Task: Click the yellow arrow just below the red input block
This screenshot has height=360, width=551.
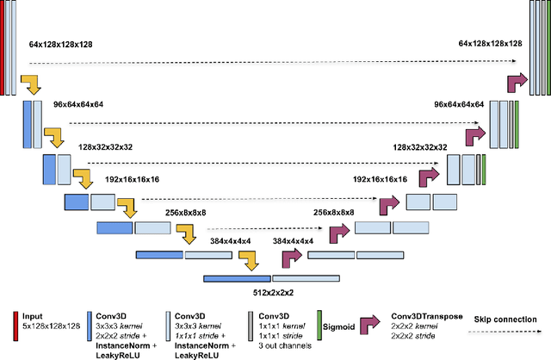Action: (31, 84)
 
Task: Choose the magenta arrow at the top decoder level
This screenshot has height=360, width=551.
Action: (517, 83)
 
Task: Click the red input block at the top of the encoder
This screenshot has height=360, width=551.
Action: (4, 47)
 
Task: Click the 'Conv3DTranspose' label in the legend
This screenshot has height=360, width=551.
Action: (425, 316)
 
